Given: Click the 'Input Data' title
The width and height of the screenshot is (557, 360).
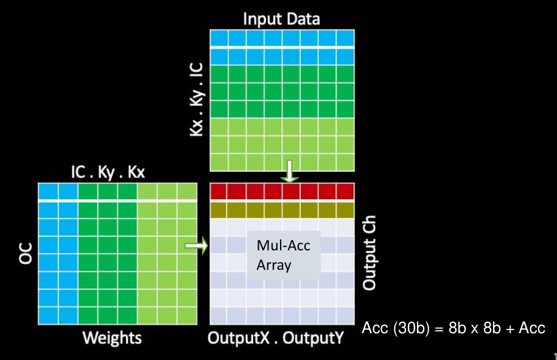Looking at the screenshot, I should [281, 18].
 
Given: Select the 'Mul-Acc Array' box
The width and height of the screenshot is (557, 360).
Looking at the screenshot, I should [283, 255].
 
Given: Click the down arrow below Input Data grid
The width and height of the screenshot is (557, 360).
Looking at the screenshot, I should [290, 172].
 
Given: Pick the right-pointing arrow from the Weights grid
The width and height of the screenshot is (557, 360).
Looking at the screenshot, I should [196, 245].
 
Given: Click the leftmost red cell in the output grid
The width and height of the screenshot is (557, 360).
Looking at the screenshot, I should [219, 192].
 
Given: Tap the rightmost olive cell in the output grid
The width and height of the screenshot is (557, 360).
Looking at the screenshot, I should [345, 210].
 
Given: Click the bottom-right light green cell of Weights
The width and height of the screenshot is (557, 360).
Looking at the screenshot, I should [186, 316].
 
